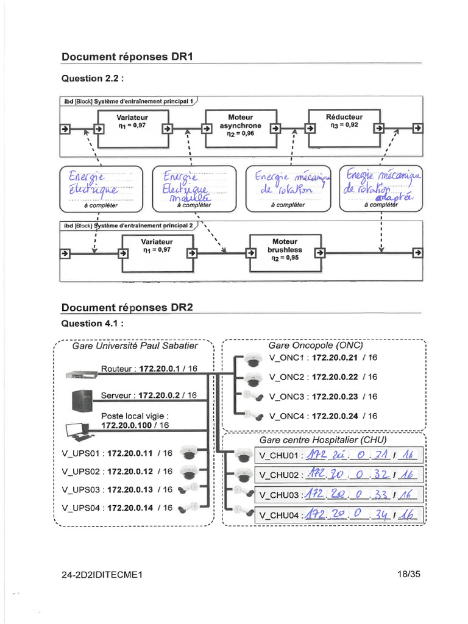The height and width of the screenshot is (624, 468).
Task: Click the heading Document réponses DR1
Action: (127, 57)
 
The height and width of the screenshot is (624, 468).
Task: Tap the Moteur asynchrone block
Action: (240, 126)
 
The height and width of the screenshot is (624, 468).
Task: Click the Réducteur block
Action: (344, 126)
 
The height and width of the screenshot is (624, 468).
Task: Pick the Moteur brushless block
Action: (287, 250)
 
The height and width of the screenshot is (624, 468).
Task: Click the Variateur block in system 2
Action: (158, 250)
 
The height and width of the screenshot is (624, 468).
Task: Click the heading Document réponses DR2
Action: (127, 308)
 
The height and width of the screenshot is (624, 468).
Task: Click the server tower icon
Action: (82, 400)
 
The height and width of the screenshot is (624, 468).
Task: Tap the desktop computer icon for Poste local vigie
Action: (79, 431)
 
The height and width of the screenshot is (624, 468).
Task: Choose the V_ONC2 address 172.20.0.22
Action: (335, 377)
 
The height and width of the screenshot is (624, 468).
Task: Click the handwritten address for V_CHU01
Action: (362, 455)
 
